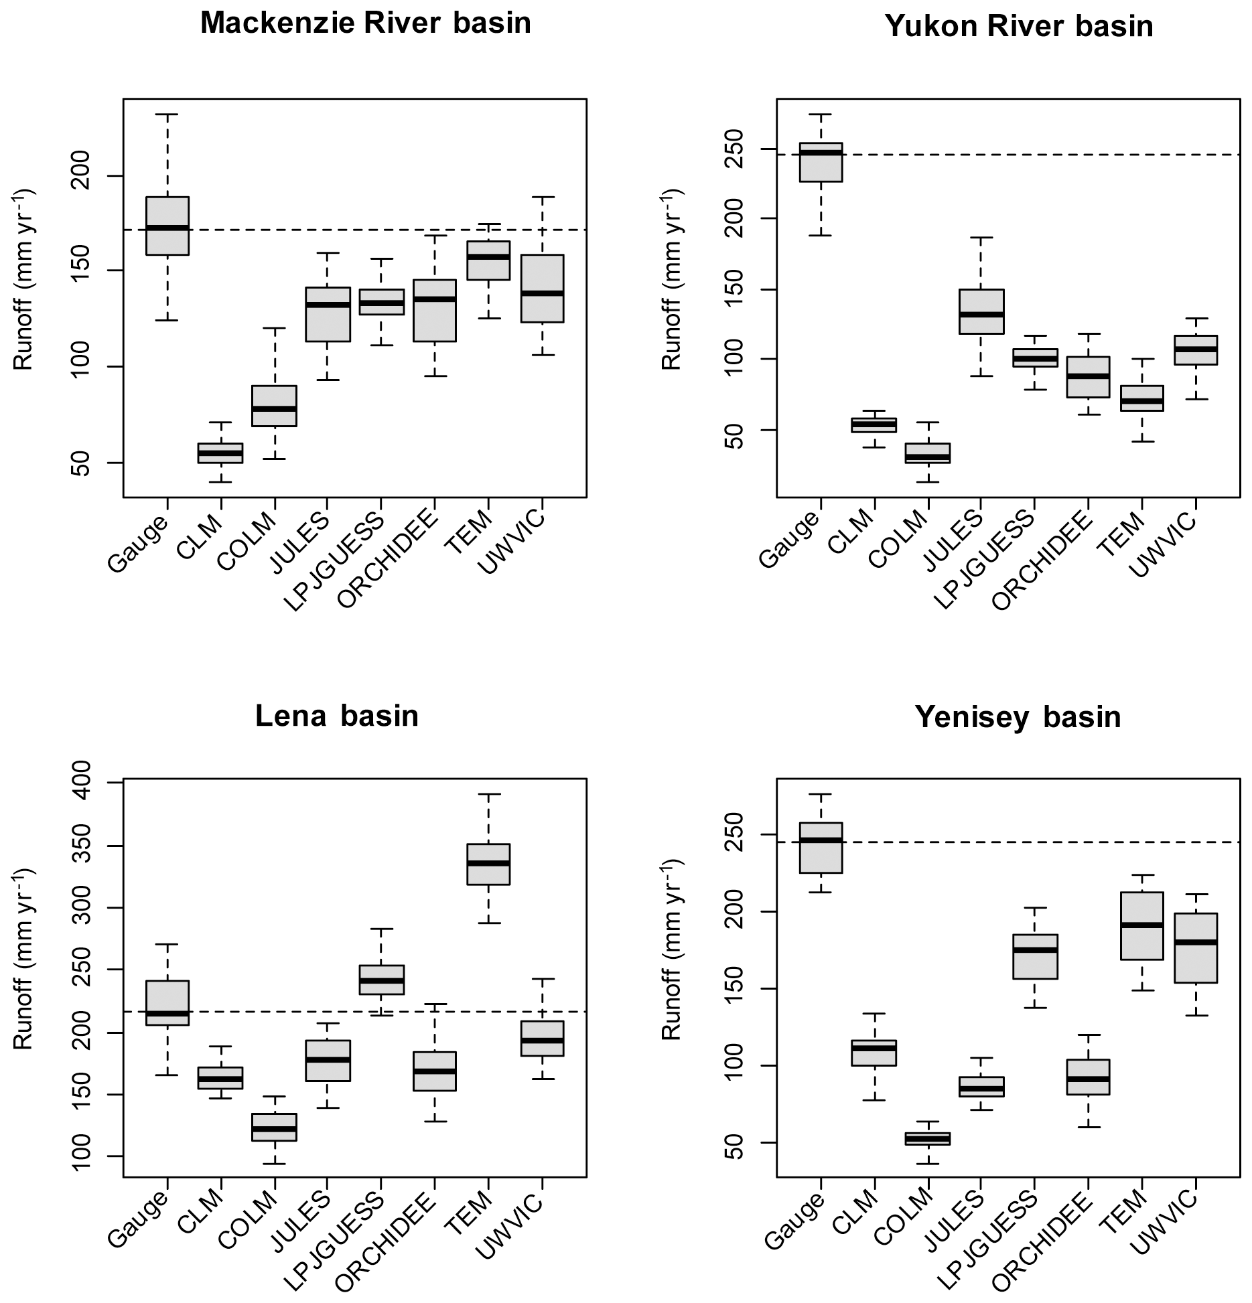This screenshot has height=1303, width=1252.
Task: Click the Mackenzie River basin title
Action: tap(366, 23)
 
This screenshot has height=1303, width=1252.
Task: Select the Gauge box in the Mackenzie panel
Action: tap(167, 226)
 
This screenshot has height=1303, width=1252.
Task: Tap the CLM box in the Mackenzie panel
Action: tap(220, 453)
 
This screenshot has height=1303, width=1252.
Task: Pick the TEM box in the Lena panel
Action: tap(488, 864)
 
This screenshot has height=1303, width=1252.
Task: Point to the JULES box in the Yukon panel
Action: tap(981, 311)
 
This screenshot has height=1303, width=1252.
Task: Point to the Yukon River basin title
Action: tap(1019, 26)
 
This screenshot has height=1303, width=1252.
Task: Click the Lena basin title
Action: tap(337, 716)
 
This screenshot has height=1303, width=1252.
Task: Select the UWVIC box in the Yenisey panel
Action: tap(1196, 947)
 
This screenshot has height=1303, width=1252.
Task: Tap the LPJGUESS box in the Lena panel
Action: tap(381, 980)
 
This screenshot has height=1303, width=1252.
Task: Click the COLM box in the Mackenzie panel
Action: tap(274, 406)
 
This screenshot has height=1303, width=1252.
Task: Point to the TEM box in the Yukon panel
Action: tap(1142, 398)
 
